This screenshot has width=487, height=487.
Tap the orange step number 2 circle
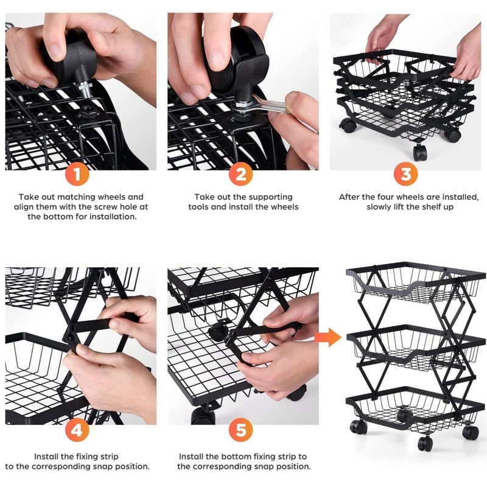coord(241,175)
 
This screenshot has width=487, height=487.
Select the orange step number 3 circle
coord(405,175)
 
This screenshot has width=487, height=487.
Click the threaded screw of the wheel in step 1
coord(85,91)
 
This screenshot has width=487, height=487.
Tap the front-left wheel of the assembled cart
coord(359,427)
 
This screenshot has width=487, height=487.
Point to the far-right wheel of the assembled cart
coord(470,432)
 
